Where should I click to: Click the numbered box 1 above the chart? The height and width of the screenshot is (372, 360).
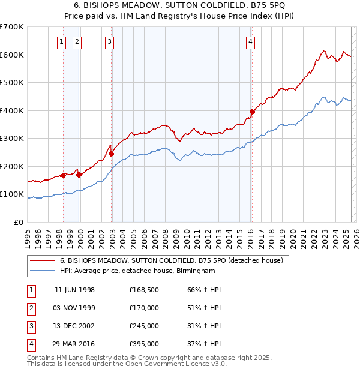[x=63, y=41]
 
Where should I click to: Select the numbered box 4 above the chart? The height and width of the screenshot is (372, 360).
[x=250, y=41]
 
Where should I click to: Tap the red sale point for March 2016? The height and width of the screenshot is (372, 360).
[x=252, y=111]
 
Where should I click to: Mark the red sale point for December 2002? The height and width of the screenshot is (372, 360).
[x=112, y=154]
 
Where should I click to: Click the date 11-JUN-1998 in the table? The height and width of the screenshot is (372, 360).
[x=74, y=290]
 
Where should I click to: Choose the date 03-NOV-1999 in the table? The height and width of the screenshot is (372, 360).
[x=74, y=308]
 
